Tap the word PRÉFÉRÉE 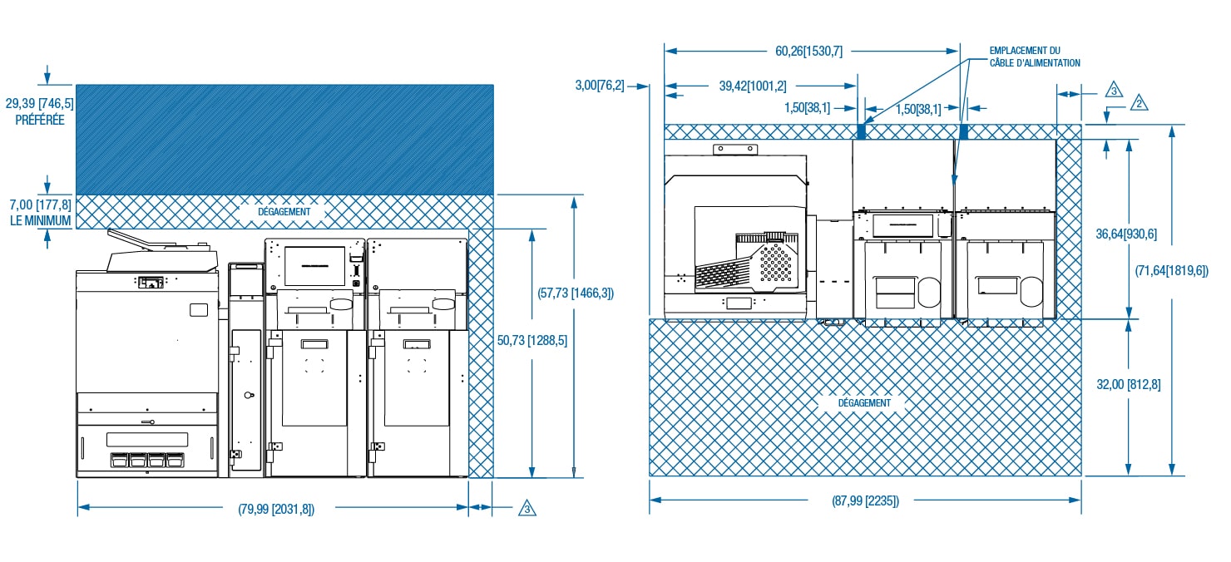tap(40, 120)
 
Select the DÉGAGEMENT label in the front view tap(284, 211)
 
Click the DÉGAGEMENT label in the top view tap(864, 402)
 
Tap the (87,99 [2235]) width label tap(865, 501)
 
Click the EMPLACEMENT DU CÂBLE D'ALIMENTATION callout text tap(1035, 57)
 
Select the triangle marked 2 tap(1140, 103)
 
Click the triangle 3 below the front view tap(527, 508)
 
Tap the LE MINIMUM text tap(40, 221)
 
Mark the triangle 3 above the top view tap(1114, 90)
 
